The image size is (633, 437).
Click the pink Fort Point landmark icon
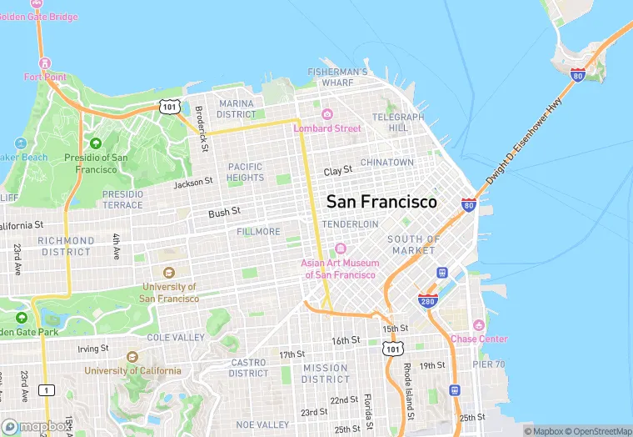[x=45, y=63]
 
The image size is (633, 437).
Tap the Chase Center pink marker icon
[x=478, y=325]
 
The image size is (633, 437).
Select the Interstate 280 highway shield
[x=428, y=299]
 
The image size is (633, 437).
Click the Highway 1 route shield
[x=47, y=390]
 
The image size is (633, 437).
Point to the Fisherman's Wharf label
[x=337, y=78]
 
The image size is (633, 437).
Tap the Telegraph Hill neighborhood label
[x=391, y=123]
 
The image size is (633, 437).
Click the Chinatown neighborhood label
[x=386, y=162]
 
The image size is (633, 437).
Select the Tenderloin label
[x=350, y=224]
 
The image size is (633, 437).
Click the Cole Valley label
[x=176, y=338]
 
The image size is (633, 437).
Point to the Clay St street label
[x=338, y=170]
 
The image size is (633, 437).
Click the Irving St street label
[x=93, y=349]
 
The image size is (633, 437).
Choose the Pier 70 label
[x=489, y=364]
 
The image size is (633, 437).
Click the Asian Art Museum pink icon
[x=340, y=249]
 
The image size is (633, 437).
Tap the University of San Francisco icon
[x=169, y=273]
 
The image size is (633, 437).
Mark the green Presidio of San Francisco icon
[x=95, y=143]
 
